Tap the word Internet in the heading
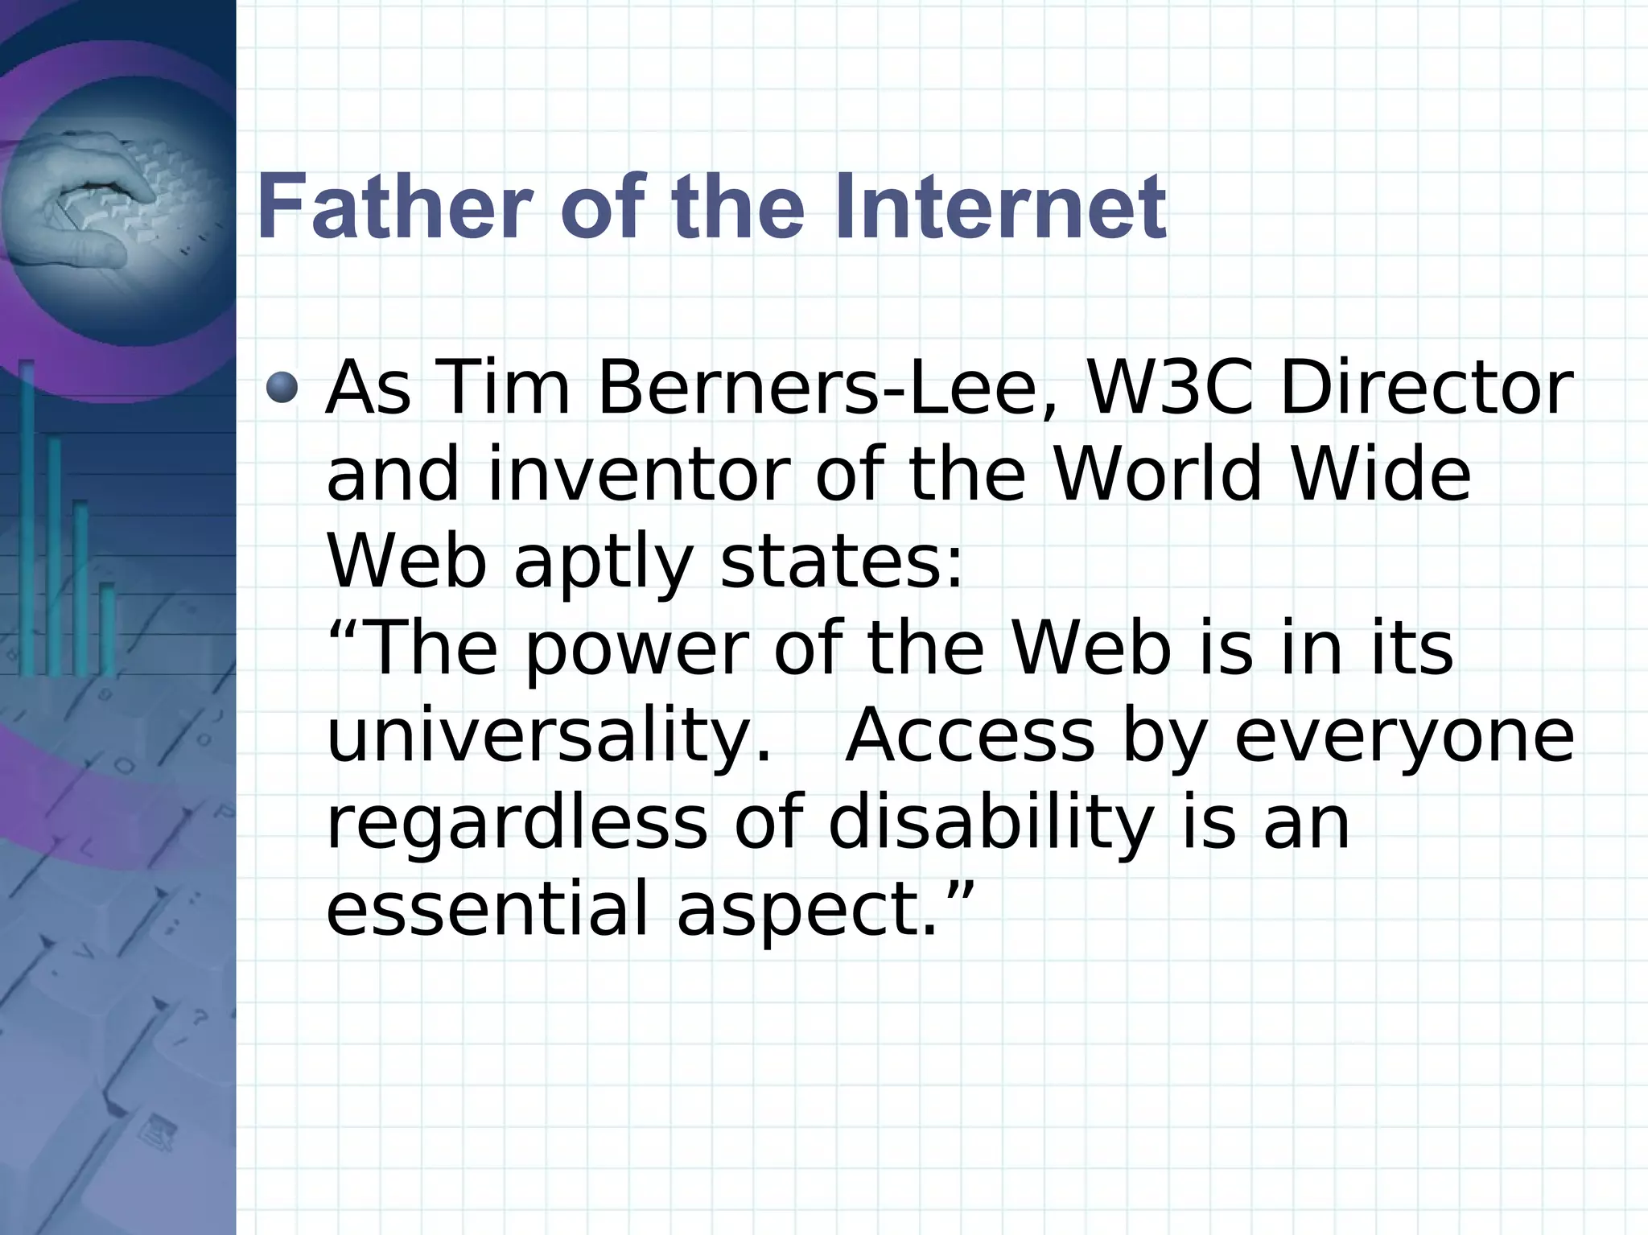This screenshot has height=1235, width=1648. tap(1000, 208)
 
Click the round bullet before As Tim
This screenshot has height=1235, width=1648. tap(282, 388)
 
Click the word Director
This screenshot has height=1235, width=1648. tap(1425, 388)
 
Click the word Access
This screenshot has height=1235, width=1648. tap(970, 736)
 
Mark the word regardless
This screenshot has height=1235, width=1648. tap(516, 824)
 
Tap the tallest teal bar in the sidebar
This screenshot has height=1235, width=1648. tap(27, 515)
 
